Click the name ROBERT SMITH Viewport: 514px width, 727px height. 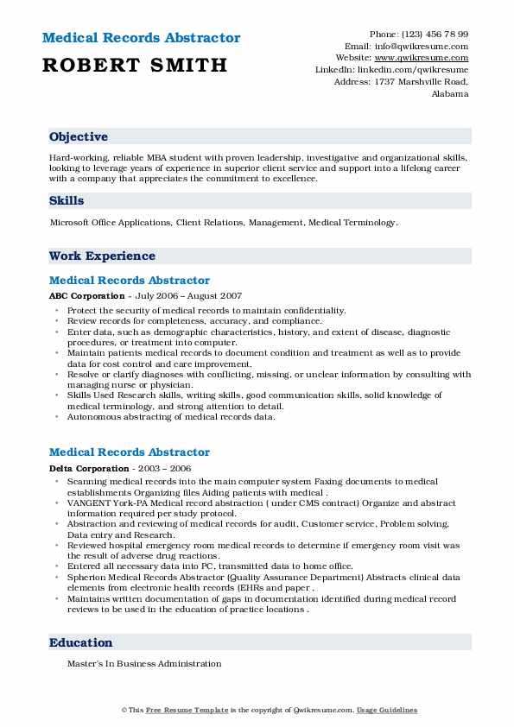tap(134, 65)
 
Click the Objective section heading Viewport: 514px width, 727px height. tap(79, 137)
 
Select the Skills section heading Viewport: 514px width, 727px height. tap(67, 201)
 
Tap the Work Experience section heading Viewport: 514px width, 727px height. tap(102, 256)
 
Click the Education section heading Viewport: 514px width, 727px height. tap(81, 643)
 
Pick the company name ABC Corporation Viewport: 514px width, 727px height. tap(86, 296)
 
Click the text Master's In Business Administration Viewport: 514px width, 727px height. tap(145, 664)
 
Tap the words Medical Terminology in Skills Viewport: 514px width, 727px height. tap(352, 223)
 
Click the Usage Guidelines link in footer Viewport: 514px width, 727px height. tap(390, 710)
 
